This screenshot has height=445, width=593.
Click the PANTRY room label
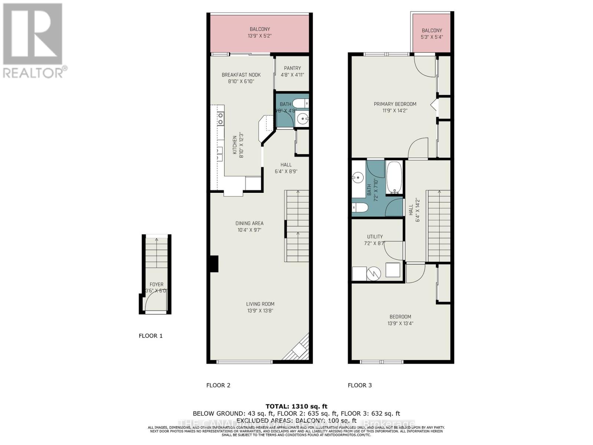coord(292,68)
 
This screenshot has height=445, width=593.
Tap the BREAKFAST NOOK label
coord(241,75)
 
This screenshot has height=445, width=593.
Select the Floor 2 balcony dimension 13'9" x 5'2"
coord(259,36)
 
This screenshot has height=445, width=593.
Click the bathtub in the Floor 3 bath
coord(394,177)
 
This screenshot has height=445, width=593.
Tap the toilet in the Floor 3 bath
coord(360,208)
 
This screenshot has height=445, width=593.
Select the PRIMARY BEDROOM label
coord(395,104)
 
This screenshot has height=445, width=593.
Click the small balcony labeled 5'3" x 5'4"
coord(432,33)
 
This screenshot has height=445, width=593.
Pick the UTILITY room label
coord(375,237)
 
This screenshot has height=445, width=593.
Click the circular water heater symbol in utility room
coord(374,274)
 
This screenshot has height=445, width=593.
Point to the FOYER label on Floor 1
coord(156,285)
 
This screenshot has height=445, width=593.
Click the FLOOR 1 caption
coord(150,336)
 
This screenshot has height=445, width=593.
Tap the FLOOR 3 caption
coord(360,385)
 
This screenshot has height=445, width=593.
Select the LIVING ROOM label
coord(260,304)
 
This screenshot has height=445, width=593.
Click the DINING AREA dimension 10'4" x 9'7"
coord(249,230)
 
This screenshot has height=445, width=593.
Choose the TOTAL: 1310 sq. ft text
coord(296,406)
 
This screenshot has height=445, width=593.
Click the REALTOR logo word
coord(33,72)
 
